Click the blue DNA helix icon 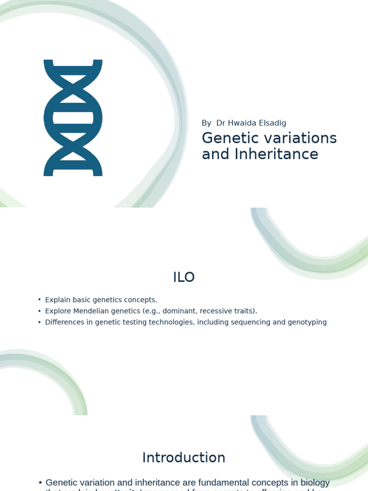(x=73, y=117)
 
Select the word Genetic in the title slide (x=227, y=138)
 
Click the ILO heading (x=184, y=277)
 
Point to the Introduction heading (x=184, y=458)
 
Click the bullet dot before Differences (x=39, y=322)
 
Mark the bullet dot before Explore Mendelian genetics (x=39, y=311)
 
